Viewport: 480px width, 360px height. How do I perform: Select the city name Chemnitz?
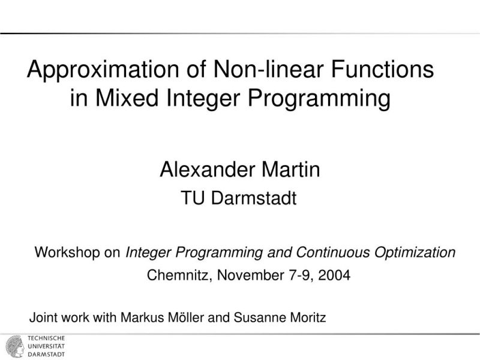178,276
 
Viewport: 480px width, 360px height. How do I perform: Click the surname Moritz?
303,317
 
